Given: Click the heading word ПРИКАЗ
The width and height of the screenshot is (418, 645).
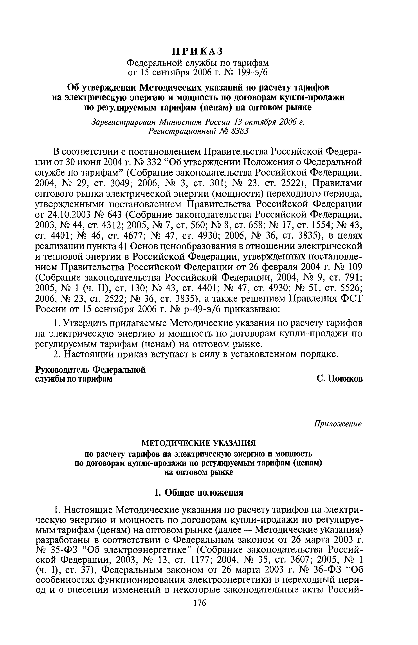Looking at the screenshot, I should (x=198, y=51).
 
